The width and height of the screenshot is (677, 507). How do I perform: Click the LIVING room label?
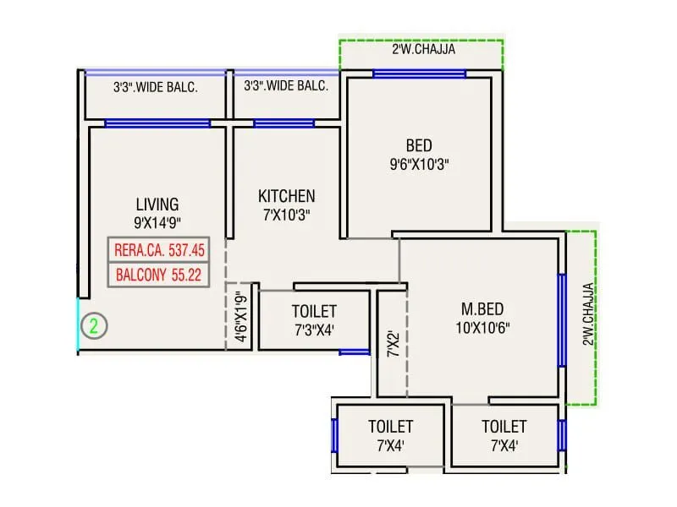(157, 204)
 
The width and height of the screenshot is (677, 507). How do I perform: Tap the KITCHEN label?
(286, 196)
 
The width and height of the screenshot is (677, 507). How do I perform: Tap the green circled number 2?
(95, 324)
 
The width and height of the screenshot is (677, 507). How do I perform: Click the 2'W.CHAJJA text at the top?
(423, 50)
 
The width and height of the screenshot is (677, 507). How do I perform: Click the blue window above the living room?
(157, 123)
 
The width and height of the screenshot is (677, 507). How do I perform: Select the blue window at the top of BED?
(420, 74)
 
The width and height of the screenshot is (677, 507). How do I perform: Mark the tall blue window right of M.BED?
(561, 319)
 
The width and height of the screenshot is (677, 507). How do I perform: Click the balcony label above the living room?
(156, 87)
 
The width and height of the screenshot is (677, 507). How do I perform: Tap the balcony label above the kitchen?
(286, 87)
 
